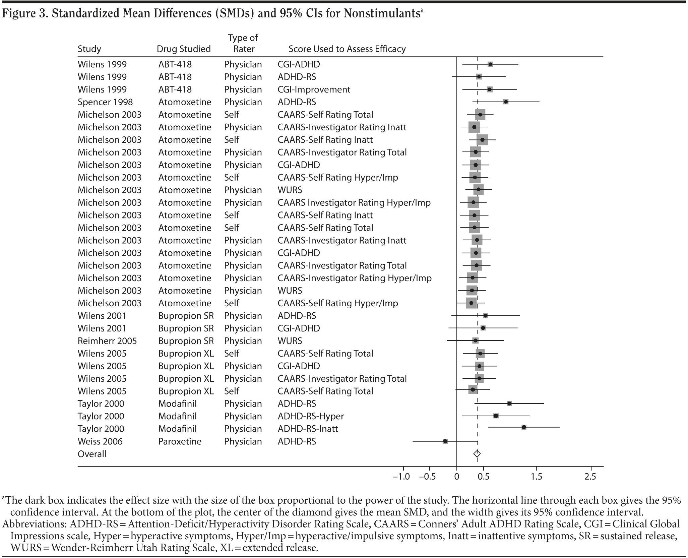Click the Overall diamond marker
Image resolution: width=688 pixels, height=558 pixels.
pos(477,454)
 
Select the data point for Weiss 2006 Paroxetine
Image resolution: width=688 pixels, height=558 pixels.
pos(445,441)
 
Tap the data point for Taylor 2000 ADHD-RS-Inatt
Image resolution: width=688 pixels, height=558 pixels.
pos(523,427)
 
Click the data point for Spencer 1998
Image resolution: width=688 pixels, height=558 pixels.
pos(506,102)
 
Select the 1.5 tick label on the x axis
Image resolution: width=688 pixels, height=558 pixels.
pos(536,476)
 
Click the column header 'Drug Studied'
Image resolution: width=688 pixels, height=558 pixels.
pos(184,49)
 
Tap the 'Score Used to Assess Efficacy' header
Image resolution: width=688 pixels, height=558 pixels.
pos(347,49)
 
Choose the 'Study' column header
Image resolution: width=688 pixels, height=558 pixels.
pos(89,49)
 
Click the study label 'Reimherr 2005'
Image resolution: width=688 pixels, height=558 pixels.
pos(107,341)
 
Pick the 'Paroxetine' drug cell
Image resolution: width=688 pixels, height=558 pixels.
pos(180,441)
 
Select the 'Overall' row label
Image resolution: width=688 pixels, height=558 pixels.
pos(92,454)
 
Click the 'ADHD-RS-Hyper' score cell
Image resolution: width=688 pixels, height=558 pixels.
pos(311,416)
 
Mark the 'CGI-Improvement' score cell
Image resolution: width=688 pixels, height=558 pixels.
pos(314,89)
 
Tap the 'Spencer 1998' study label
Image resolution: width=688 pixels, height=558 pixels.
pos(105,102)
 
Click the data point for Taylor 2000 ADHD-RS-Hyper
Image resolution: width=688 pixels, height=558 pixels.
pos(496,416)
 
